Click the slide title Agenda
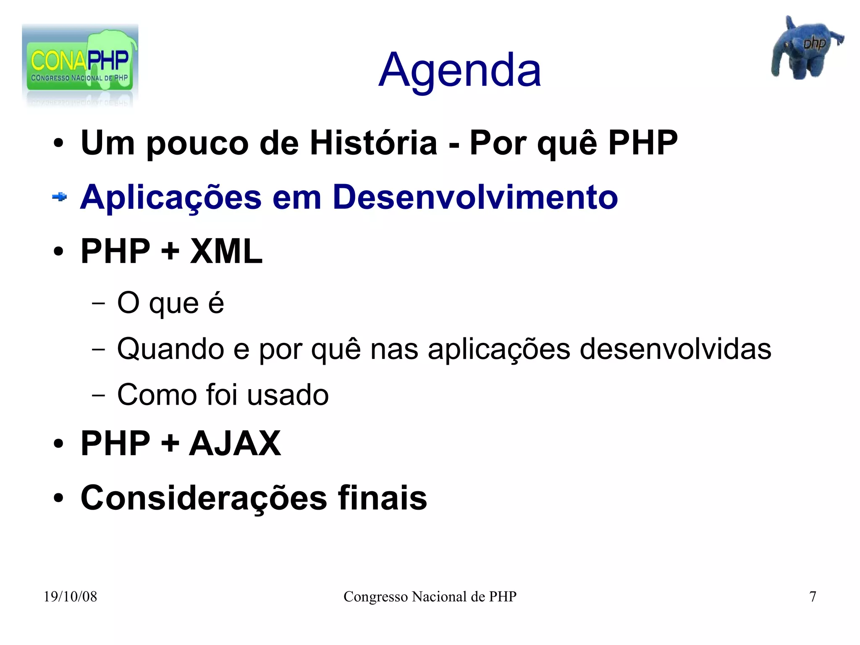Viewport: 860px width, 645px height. pos(459,71)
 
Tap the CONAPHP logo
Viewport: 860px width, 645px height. pos(80,65)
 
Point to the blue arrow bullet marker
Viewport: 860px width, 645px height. pos(60,197)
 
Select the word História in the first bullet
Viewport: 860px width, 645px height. pos(373,143)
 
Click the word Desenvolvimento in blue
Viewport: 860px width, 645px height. pos(475,197)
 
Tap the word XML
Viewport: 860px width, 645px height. pos(226,251)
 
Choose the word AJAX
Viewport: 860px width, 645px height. pos(235,443)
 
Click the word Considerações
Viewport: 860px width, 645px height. pos(204,498)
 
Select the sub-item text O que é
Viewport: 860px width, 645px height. pos(170,303)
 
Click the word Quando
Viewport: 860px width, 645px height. pos(170,349)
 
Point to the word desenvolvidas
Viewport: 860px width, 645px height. pos(675,349)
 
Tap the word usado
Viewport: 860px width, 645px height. pos(288,395)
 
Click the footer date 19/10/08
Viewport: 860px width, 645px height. pos(70,597)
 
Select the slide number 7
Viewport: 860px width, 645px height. pos(813,597)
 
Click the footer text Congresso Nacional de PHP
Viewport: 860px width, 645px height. pos(430,597)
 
